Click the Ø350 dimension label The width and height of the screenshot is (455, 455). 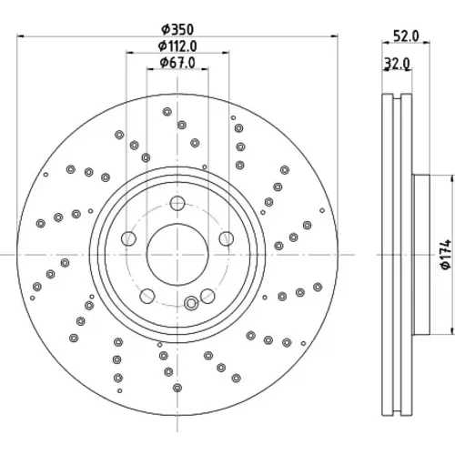click(x=177, y=29)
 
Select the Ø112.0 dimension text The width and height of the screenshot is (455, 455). click(x=177, y=46)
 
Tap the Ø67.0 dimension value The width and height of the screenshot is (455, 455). click(x=177, y=63)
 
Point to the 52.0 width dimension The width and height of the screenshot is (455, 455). click(x=406, y=36)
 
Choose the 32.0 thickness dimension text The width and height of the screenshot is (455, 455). click(x=398, y=64)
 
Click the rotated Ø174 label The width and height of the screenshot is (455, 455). click(x=447, y=255)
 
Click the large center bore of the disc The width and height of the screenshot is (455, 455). click(x=177, y=255)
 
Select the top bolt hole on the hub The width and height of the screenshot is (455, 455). click(x=177, y=203)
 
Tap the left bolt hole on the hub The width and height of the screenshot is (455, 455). click(x=128, y=238)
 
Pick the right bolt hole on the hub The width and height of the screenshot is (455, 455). click(x=227, y=238)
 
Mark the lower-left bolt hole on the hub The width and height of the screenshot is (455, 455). click(x=147, y=296)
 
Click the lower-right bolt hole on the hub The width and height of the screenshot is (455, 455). click(x=207, y=296)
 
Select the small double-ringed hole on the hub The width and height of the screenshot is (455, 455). click(x=191, y=303)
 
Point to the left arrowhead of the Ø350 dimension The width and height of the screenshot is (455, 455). click(x=20, y=36)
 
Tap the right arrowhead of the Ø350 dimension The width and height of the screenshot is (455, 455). click(x=334, y=36)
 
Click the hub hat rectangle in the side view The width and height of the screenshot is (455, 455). click(x=421, y=255)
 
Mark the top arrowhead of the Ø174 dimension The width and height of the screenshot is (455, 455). click(x=452, y=178)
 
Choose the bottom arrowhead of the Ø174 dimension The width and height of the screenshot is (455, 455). click(x=452, y=331)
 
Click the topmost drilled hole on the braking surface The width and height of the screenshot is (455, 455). click(x=167, y=112)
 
